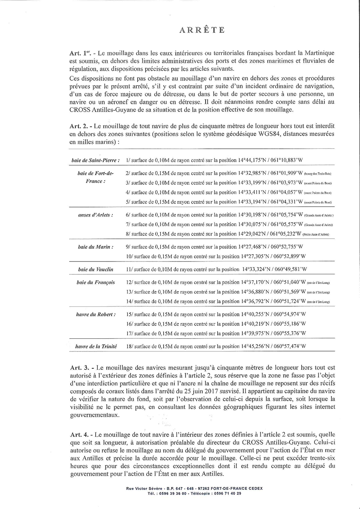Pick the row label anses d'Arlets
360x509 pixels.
95,215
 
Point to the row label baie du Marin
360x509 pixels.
96,247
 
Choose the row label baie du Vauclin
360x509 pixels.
96,269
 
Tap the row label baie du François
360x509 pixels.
96,282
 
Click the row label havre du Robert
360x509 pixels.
96,314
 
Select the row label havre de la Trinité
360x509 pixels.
96,346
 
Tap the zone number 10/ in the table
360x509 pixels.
129,256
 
